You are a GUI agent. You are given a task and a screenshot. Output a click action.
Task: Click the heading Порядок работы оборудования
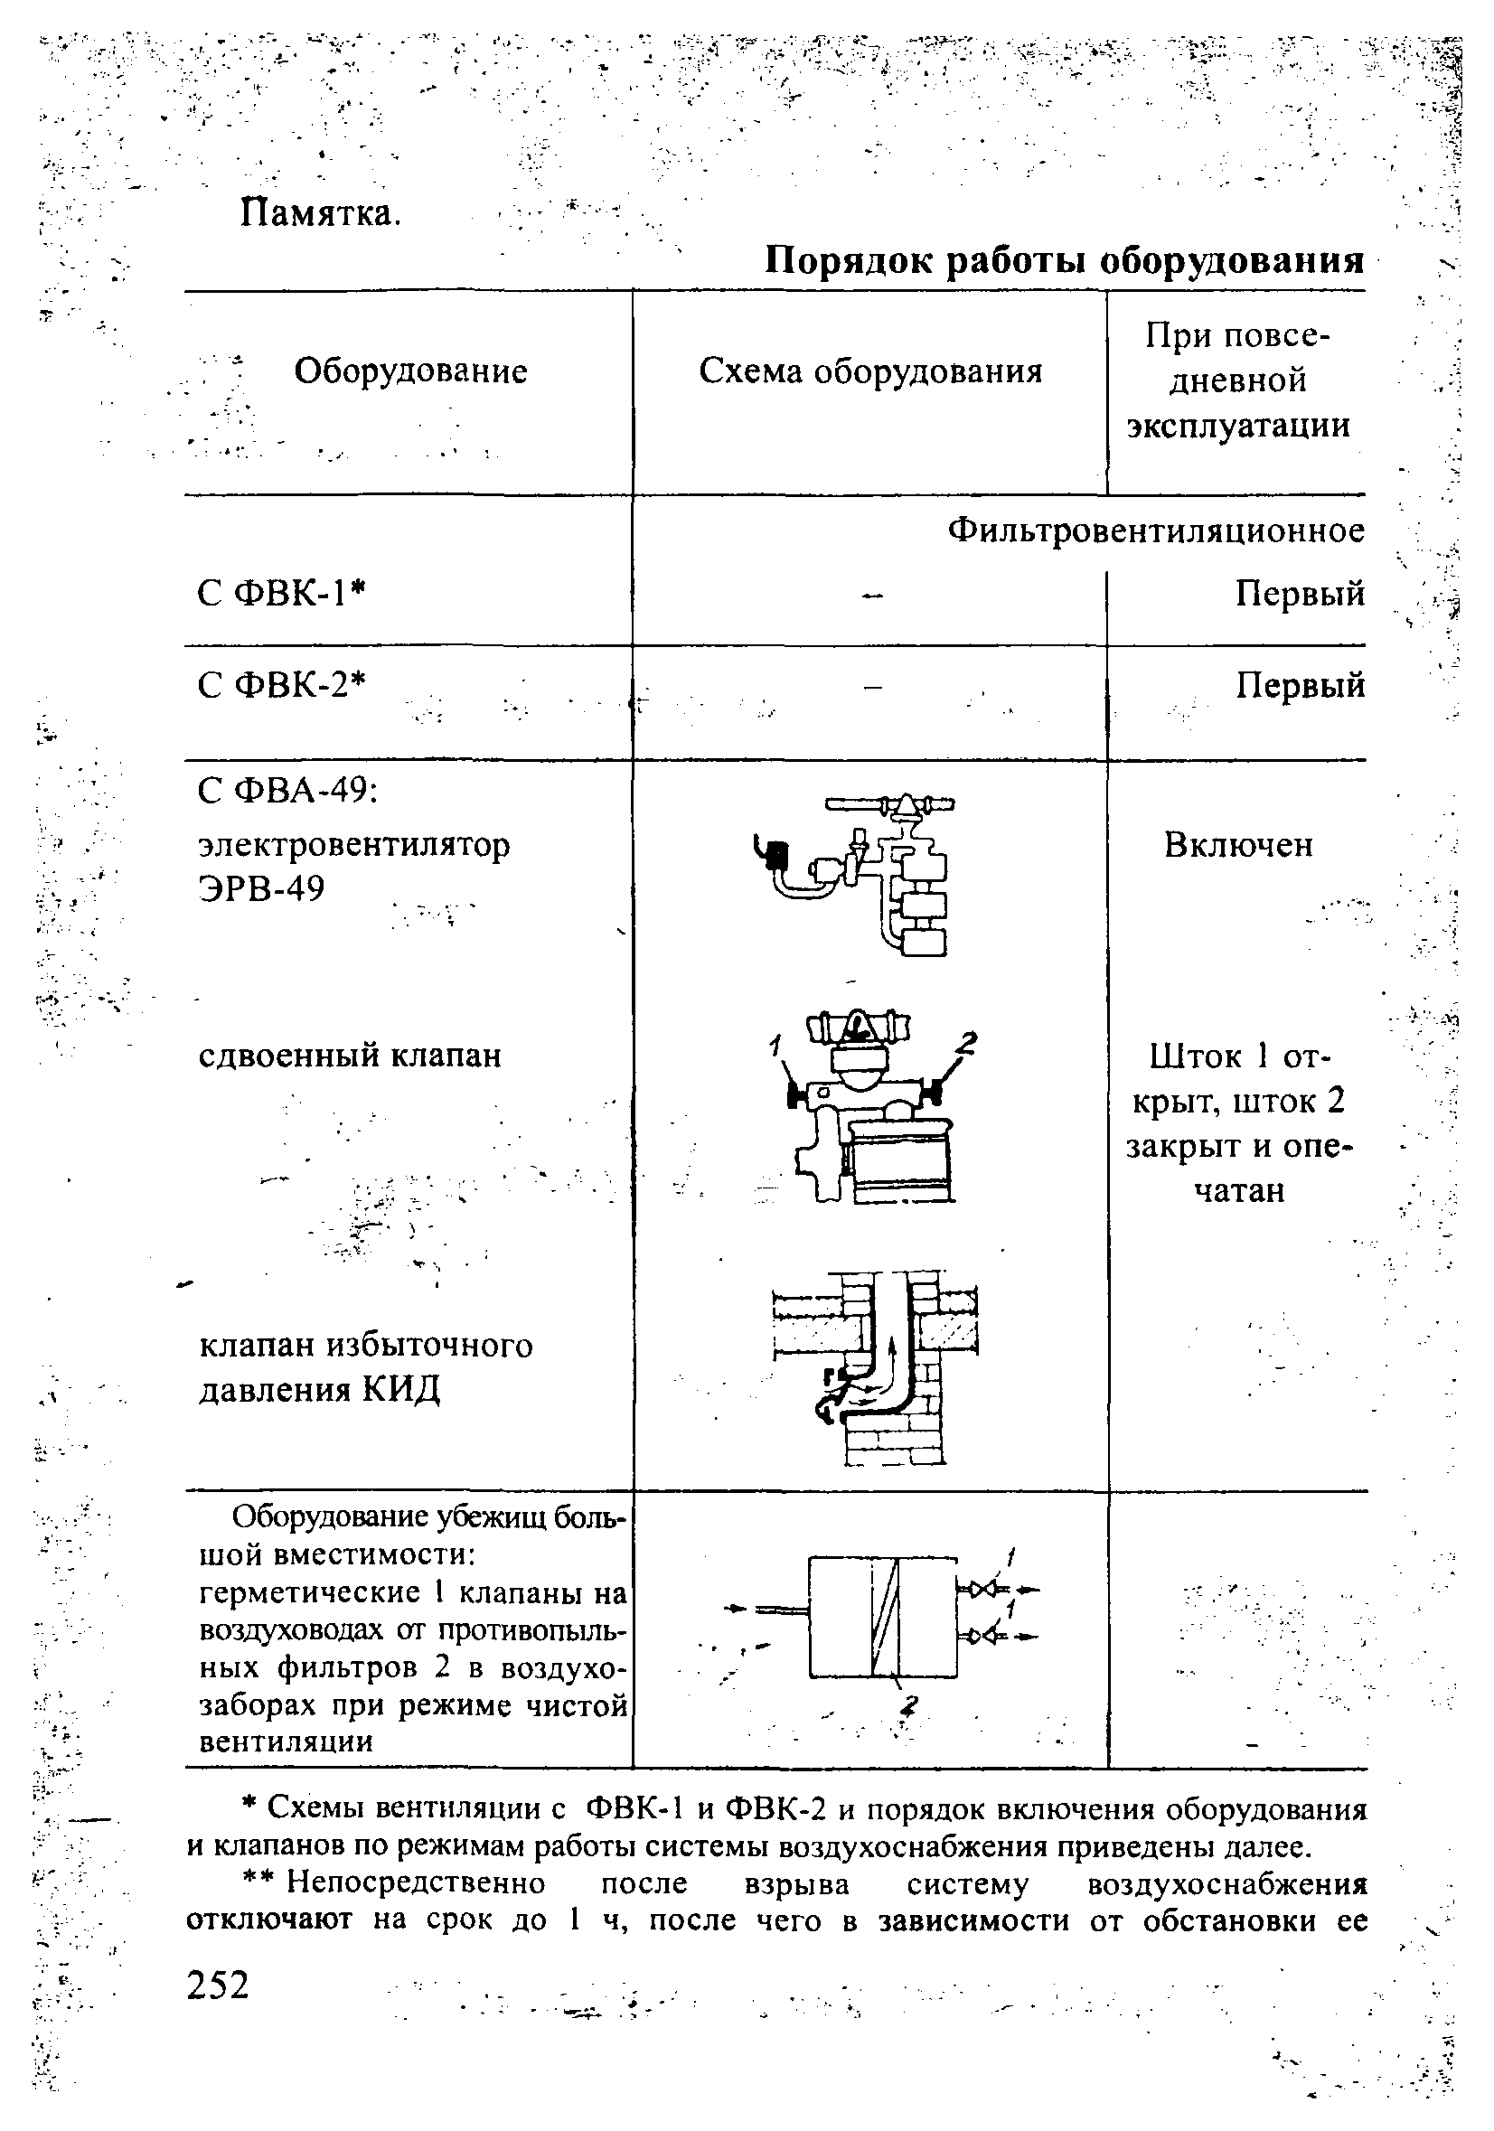tap(1065, 262)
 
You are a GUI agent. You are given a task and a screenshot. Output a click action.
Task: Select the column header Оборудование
tap(411, 371)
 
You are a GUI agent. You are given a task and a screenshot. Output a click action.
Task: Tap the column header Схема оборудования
tap(870, 371)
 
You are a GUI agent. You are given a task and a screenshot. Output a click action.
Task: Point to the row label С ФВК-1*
tap(283, 592)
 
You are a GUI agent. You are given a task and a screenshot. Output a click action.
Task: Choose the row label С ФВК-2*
tap(283, 685)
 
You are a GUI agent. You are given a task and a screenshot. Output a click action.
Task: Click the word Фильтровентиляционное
tap(1156, 531)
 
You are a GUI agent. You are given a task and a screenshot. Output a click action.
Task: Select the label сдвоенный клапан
tap(350, 1056)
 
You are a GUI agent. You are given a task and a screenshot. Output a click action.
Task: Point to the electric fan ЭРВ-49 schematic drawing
tap(854, 872)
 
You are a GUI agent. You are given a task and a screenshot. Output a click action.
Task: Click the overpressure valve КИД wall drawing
tap(875, 1367)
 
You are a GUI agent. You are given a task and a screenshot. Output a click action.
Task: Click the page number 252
tap(218, 1986)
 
